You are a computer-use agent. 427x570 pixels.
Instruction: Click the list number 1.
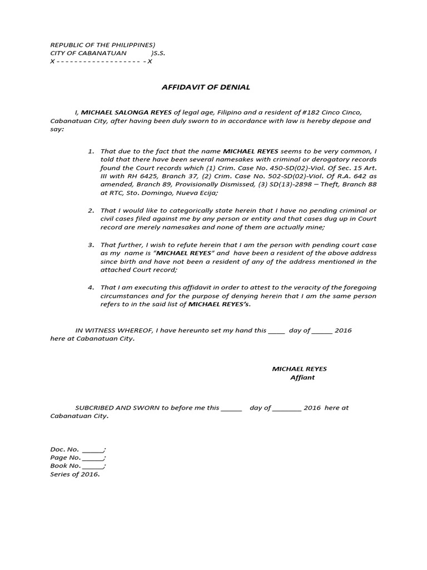coord(91,151)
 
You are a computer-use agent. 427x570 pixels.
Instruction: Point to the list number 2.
coord(91,211)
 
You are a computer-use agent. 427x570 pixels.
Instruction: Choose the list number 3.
coord(91,245)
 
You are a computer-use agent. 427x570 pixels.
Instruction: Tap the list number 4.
coord(91,287)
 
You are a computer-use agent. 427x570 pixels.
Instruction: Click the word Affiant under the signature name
coord(302,377)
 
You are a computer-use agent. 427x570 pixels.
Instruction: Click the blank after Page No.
coord(93,458)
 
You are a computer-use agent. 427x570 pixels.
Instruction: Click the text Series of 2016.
coord(75,474)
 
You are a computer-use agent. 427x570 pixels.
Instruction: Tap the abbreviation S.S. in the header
coord(158,53)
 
